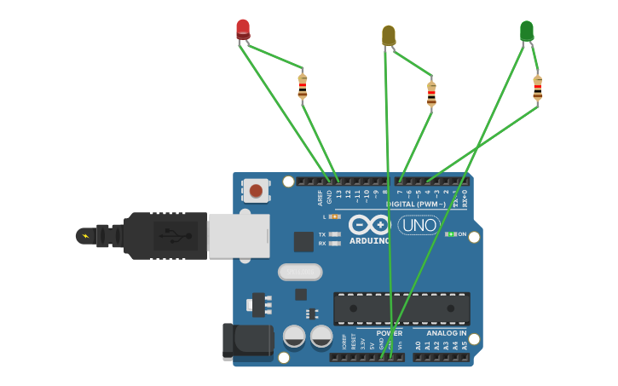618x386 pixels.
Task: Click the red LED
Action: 243,29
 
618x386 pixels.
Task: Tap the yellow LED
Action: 389,35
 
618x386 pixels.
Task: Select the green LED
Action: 527,31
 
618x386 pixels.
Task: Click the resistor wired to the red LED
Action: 303,86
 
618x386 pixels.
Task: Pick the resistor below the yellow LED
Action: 431,93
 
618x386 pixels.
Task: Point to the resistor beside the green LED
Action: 537,88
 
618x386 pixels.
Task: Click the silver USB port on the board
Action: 239,235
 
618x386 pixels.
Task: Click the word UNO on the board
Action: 419,225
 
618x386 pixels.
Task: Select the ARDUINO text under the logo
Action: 369,240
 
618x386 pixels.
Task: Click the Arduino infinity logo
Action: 369,225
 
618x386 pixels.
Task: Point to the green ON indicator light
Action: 451,233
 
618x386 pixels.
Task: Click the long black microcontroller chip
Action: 401,308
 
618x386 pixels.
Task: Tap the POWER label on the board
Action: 389,333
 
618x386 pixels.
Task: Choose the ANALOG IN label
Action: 446,333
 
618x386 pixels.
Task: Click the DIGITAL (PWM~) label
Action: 415,204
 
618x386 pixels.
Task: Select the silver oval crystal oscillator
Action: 300,272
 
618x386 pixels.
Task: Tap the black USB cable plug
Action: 153,235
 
